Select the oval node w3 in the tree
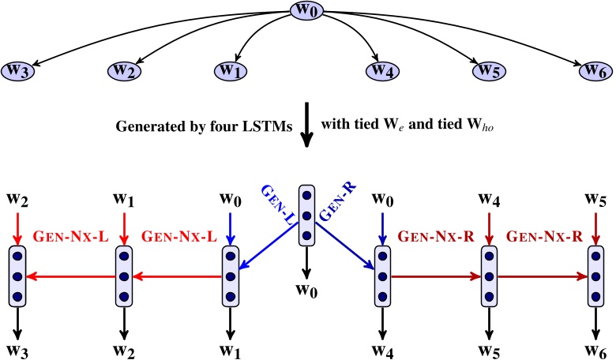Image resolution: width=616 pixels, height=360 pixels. click(19, 70)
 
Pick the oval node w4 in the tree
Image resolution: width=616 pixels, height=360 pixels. click(383, 70)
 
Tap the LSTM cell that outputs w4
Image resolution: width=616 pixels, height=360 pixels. click(383, 276)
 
